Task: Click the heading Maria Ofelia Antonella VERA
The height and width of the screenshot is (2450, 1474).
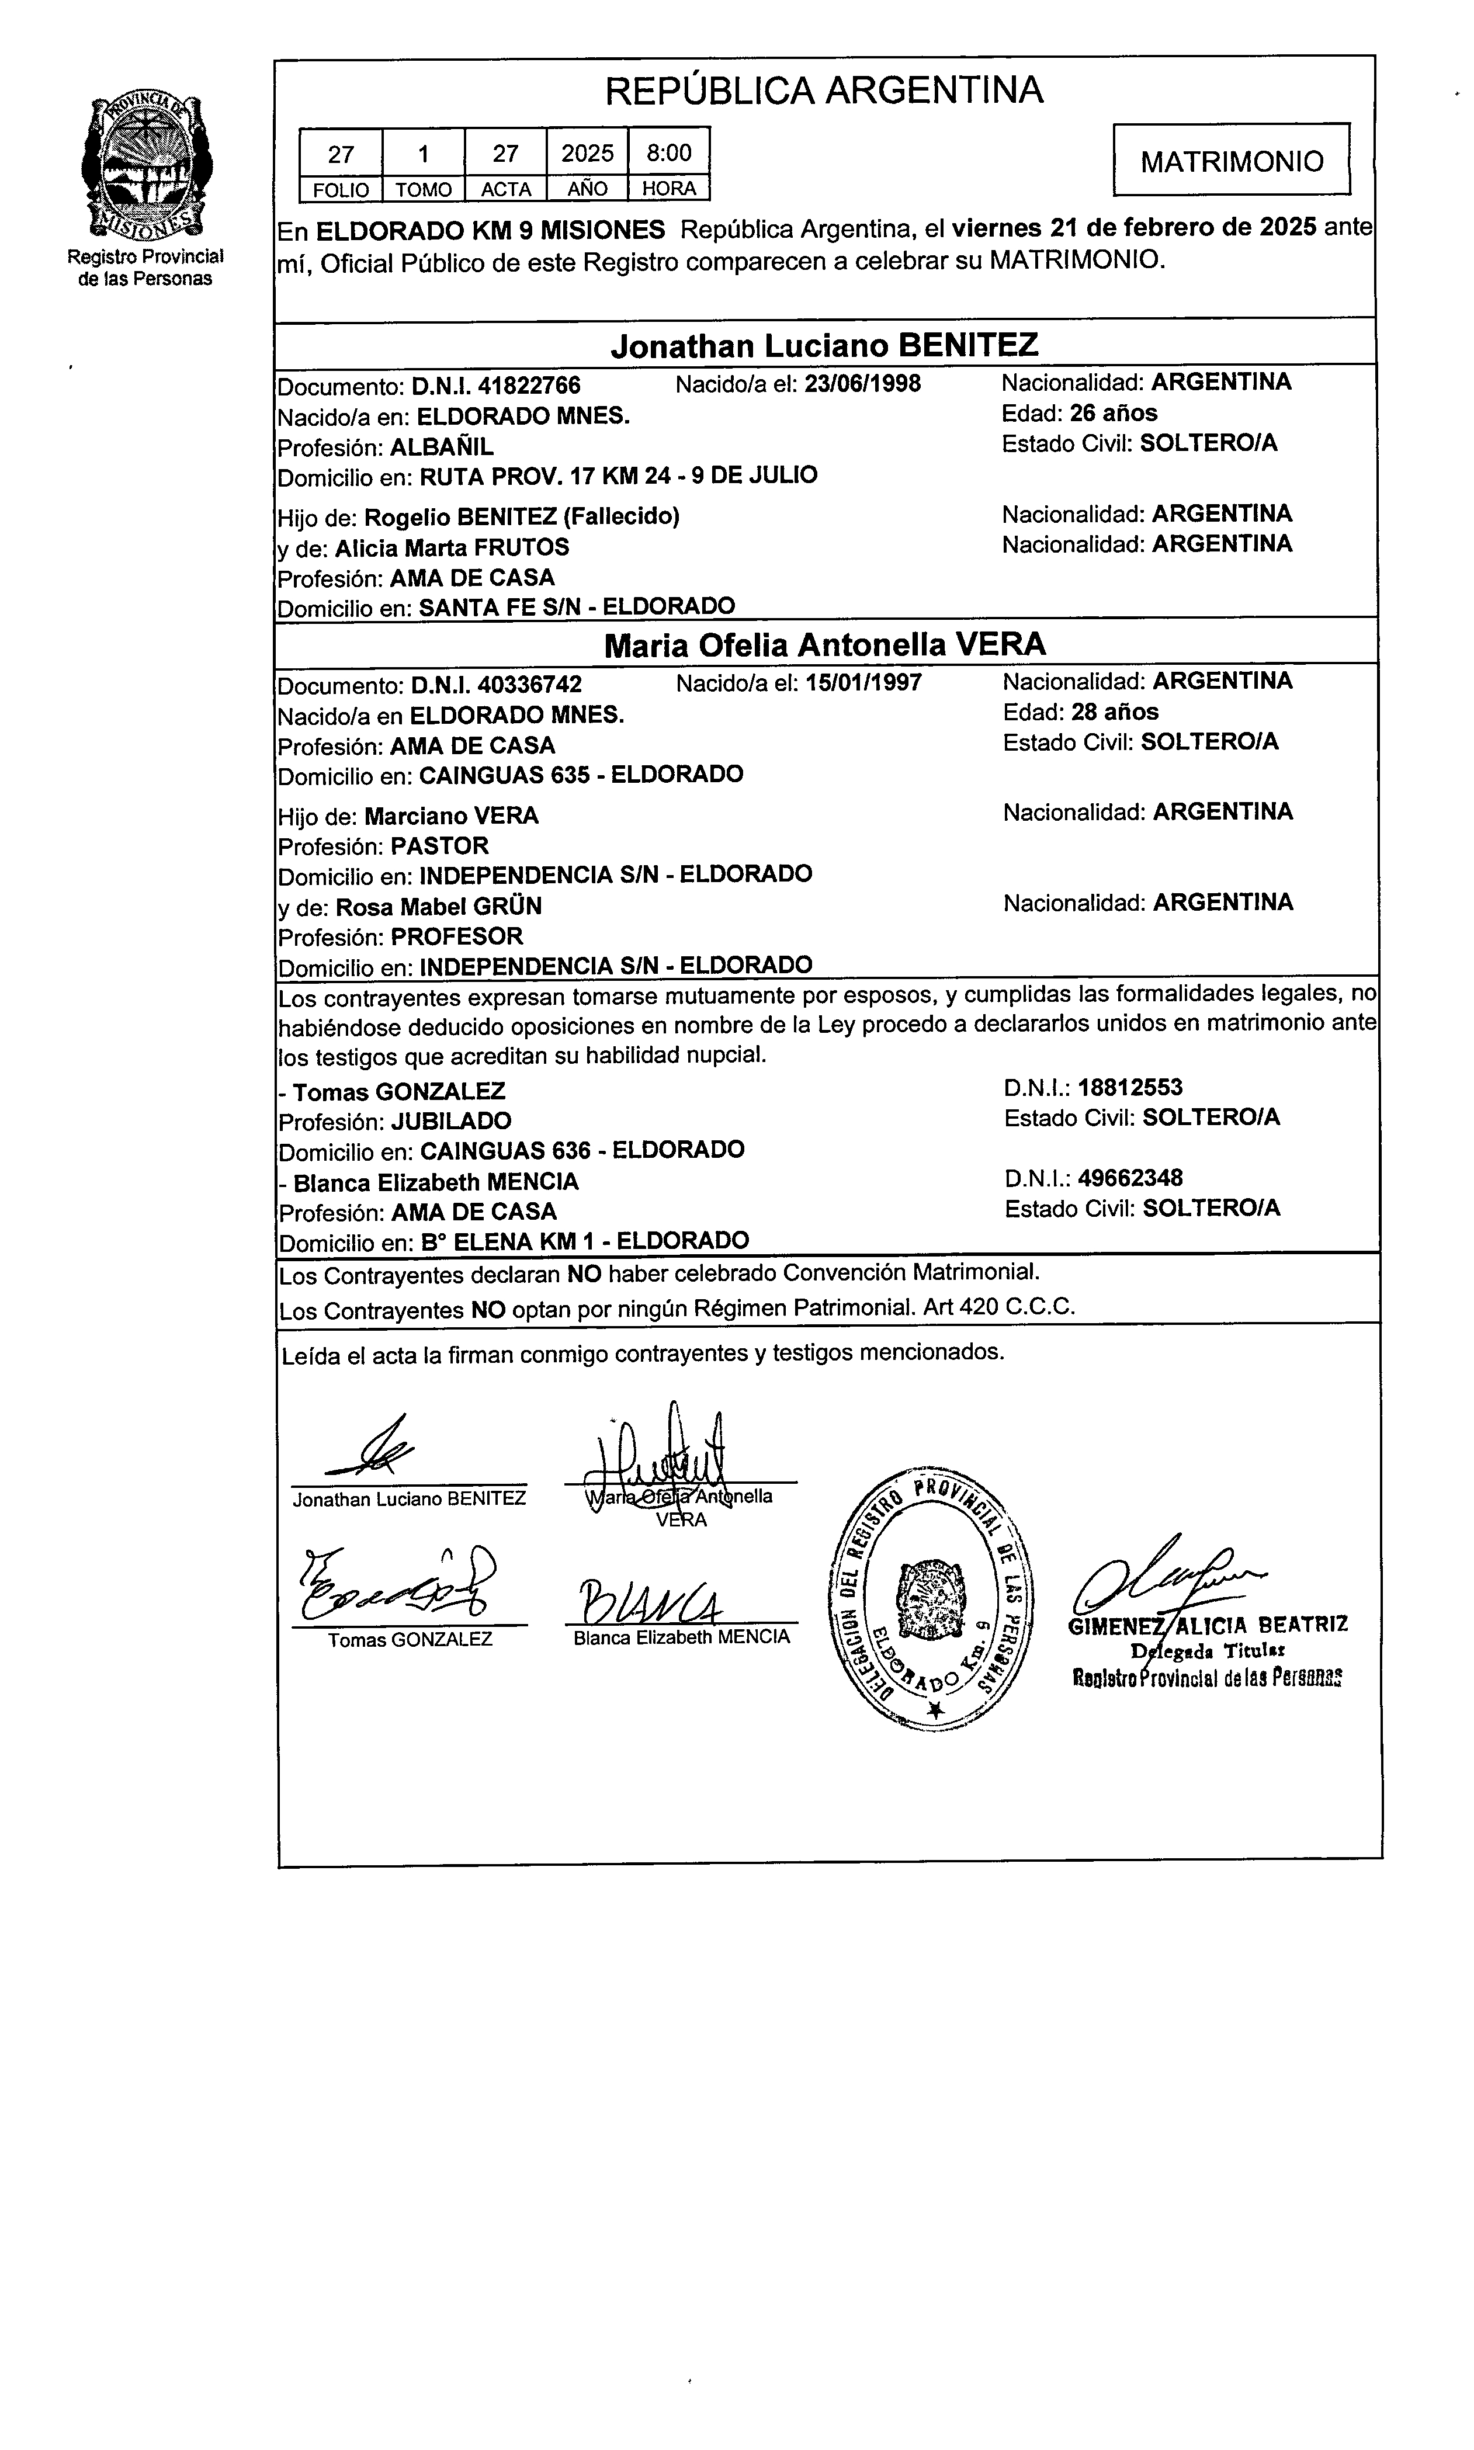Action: click(824, 646)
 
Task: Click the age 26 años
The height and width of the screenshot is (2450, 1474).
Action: click(1114, 413)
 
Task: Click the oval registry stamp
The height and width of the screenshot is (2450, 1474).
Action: click(929, 1597)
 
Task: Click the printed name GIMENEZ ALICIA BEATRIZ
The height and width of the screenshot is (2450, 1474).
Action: click(1207, 1625)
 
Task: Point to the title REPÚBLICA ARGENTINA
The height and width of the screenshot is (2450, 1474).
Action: click(823, 91)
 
